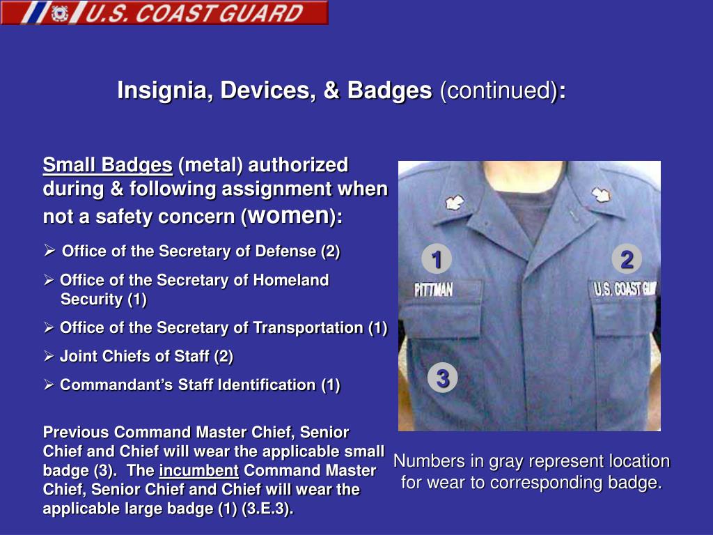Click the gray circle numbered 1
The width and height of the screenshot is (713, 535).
coord(437,260)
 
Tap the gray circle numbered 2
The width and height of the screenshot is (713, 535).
coord(627,260)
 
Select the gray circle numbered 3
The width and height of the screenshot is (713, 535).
coord(442,378)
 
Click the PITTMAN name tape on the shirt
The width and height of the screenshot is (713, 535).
coord(434,289)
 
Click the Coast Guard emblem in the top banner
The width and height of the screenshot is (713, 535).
coord(61,13)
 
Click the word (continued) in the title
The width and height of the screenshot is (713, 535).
coord(498,91)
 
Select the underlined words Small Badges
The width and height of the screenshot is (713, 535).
coord(107,165)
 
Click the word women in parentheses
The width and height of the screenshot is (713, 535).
coord(288,215)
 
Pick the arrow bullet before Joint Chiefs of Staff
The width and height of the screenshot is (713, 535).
coord(49,357)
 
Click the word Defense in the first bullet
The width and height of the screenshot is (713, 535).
coord(285,251)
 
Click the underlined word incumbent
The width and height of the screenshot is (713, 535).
coord(199,471)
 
